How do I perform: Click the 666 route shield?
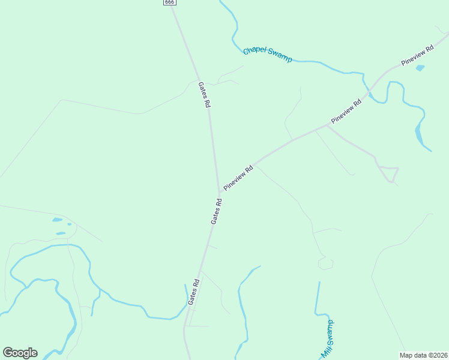pos(169,2)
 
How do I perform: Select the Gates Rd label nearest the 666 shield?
pos(204,95)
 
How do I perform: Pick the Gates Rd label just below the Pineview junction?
pos(217,211)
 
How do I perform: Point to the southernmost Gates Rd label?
pos(193,292)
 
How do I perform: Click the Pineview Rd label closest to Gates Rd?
pos(238,178)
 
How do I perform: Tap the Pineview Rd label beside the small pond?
pos(418,56)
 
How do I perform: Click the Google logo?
pos(20,353)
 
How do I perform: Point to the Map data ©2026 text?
pos(423,355)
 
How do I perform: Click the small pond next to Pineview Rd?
pos(420,68)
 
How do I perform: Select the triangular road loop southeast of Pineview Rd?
pos(389,173)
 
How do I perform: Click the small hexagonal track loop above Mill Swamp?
pos(326,263)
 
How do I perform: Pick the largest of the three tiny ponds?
pos(58,220)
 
